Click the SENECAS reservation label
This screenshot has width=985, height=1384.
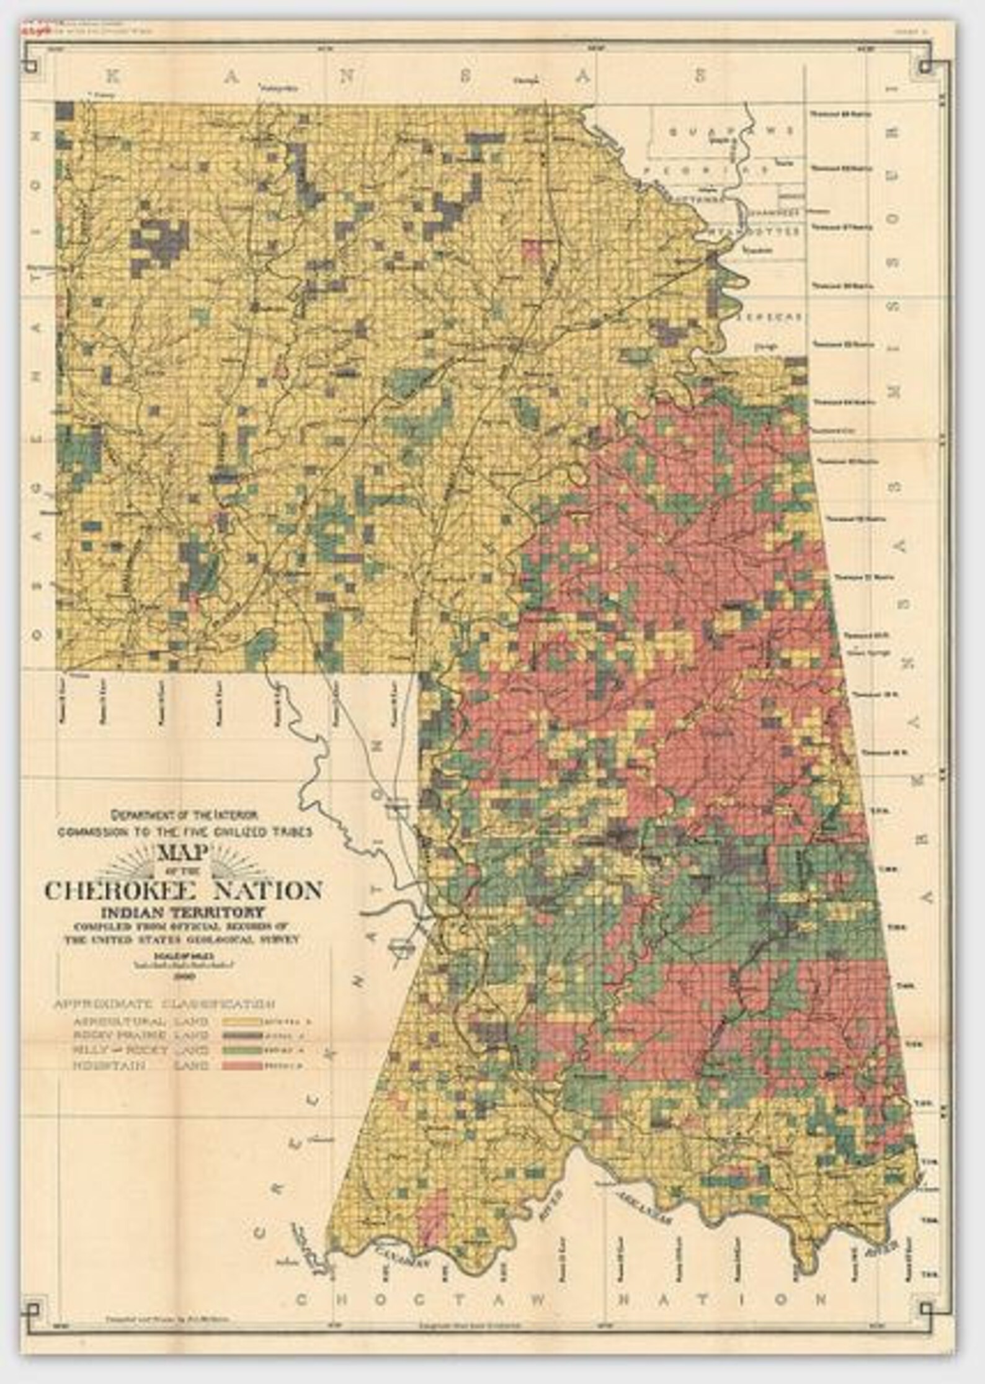point(770,316)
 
